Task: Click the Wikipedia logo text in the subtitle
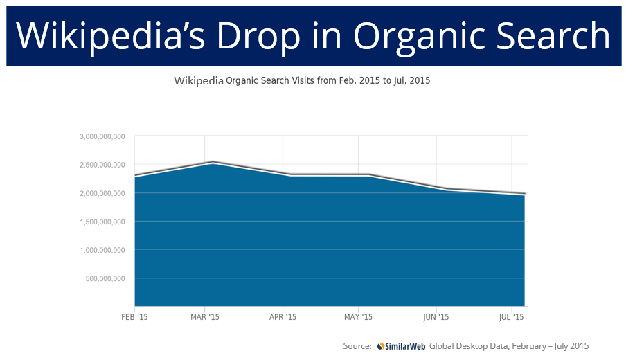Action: pyautogui.click(x=199, y=80)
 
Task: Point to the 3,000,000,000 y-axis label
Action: pyautogui.click(x=102, y=136)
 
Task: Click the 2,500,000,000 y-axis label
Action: pyautogui.click(x=102, y=165)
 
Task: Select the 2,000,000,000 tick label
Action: pyautogui.click(x=102, y=193)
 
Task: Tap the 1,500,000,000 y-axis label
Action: pyautogui.click(x=102, y=222)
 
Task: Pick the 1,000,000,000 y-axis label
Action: pyautogui.click(x=102, y=250)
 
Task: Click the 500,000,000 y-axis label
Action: pyautogui.click(x=105, y=279)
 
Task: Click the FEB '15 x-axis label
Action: pyautogui.click(x=134, y=316)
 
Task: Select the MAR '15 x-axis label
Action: pyautogui.click(x=205, y=316)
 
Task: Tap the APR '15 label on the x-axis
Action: pyautogui.click(x=282, y=316)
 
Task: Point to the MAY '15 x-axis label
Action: pyautogui.click(x=358, y=316)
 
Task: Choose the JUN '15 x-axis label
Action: pyautogui.click(x=436, y=316)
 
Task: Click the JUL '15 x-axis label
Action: pyautogui.click(x=511, y=316)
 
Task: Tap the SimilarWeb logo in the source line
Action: pyautogui.click(x=401, y=345)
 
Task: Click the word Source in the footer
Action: pyautogui.click(x=357, y=345)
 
